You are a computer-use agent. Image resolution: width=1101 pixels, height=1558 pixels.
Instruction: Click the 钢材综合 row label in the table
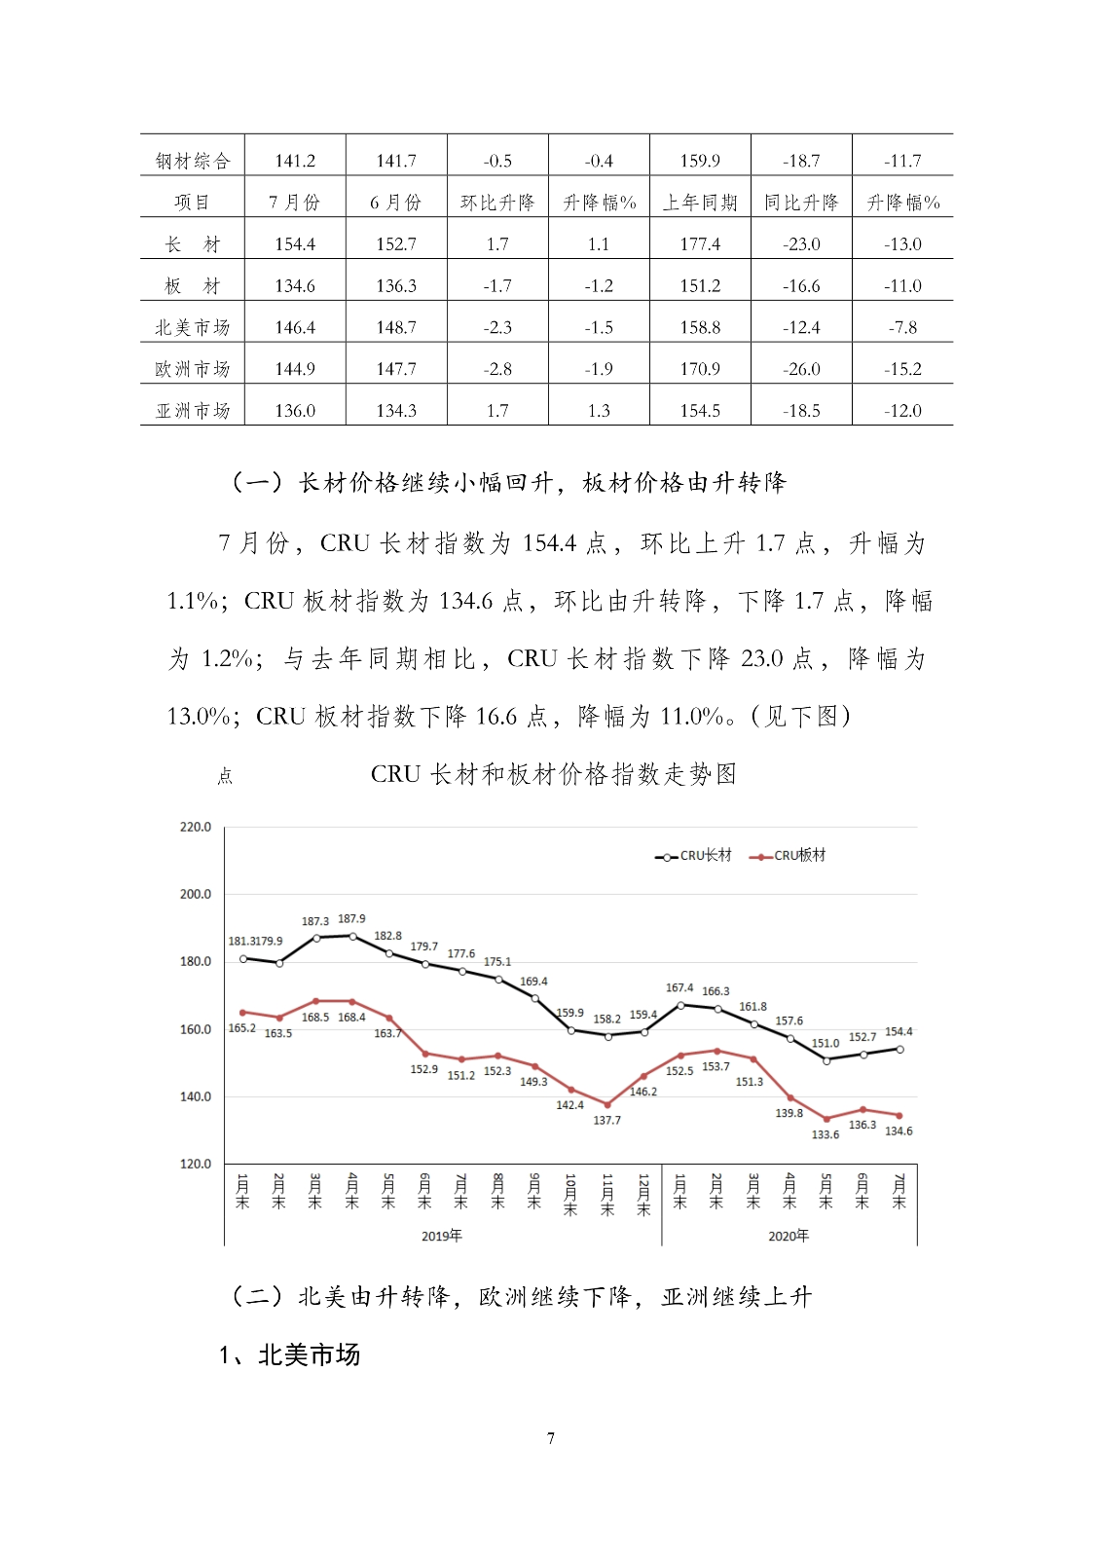point(193,161)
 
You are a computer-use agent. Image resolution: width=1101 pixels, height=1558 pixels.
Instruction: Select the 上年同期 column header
point(700,203)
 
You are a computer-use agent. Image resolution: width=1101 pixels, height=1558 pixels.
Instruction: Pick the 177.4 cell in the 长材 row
point(700,244)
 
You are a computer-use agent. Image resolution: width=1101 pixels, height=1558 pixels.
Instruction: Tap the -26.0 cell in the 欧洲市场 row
point(801,369)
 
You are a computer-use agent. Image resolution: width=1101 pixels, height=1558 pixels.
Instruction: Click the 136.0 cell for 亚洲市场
point(295,411)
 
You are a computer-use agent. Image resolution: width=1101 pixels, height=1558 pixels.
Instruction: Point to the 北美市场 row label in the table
point(193,327)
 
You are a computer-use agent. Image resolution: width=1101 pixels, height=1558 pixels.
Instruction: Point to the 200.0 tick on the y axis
point(196,894)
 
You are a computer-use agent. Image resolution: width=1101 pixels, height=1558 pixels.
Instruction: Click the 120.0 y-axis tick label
point(196,1164)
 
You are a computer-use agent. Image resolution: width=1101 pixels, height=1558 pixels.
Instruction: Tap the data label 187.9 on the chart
point(351,919)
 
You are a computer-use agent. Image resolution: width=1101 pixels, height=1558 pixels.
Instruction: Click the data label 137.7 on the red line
point(606,1121)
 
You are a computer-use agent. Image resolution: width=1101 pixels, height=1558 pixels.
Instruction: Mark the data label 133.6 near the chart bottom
point(826,1134)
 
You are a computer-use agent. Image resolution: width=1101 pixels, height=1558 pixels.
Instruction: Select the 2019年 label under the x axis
point(441,1236)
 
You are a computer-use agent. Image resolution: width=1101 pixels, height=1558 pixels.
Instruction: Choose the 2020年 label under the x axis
point(789,1236)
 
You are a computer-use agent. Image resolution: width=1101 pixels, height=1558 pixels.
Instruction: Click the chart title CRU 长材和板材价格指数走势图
point(553,774)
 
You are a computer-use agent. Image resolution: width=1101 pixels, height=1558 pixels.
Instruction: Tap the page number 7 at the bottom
point(551,1438)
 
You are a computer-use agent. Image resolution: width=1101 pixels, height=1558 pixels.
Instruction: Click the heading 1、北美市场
point(289,1354)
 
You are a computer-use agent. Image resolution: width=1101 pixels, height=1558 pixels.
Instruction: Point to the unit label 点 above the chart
point(225,776)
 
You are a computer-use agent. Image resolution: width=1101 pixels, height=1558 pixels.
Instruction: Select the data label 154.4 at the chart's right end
point(899,1032)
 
